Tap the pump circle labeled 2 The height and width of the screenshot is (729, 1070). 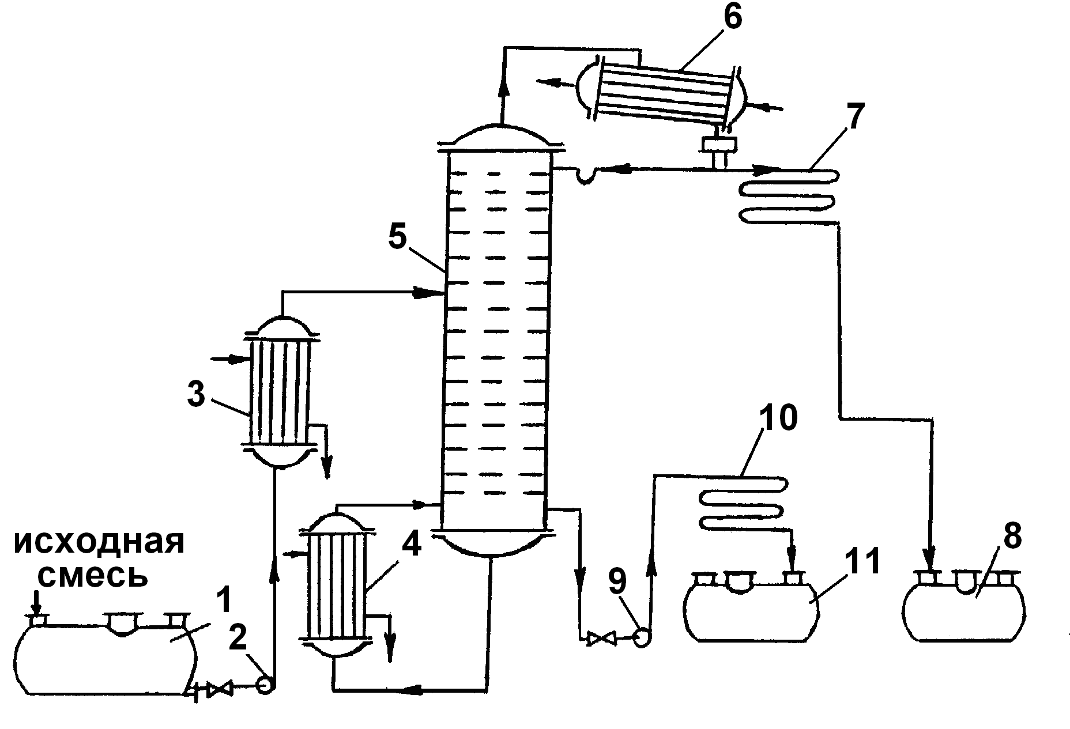tap(266, 685)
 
